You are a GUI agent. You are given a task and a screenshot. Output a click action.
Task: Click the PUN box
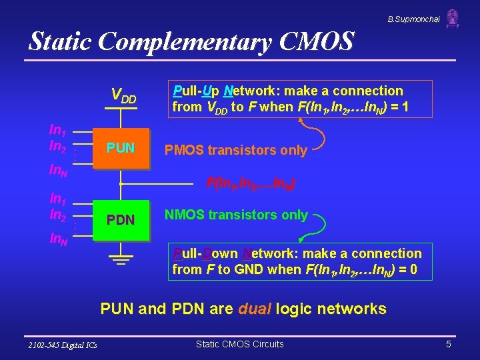pyautogui.click(x=121, y=148)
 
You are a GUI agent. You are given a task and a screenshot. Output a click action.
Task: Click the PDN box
pyautogui.click(x=121, y=219)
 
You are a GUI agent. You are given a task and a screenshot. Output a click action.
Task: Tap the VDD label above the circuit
pyautogui.click(x=123, y=97)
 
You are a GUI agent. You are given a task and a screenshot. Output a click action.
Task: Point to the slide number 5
pyautogui.click(x=449, y=344)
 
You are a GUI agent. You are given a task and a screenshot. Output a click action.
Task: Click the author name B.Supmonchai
pyautogui.click(x=413, y=19)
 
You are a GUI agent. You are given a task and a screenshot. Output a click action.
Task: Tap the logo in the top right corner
pyautogui.click(x=453, y=18)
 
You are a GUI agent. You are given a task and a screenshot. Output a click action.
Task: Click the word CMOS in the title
pyautogui.click(x=313, y=42)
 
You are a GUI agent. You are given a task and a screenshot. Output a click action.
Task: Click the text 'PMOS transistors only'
pyautogui.click(x=236, y=150)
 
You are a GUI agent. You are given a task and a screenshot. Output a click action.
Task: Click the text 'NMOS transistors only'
pyautogui.click(x=236, y=215)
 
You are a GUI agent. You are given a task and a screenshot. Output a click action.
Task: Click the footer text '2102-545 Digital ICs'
pyautogui.click(x=63, y=345)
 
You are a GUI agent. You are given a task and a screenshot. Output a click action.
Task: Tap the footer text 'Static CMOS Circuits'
pyautogui.click(x=239, y=344)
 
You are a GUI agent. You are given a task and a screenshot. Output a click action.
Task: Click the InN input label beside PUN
pyautogui.click(x=58, y=171)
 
